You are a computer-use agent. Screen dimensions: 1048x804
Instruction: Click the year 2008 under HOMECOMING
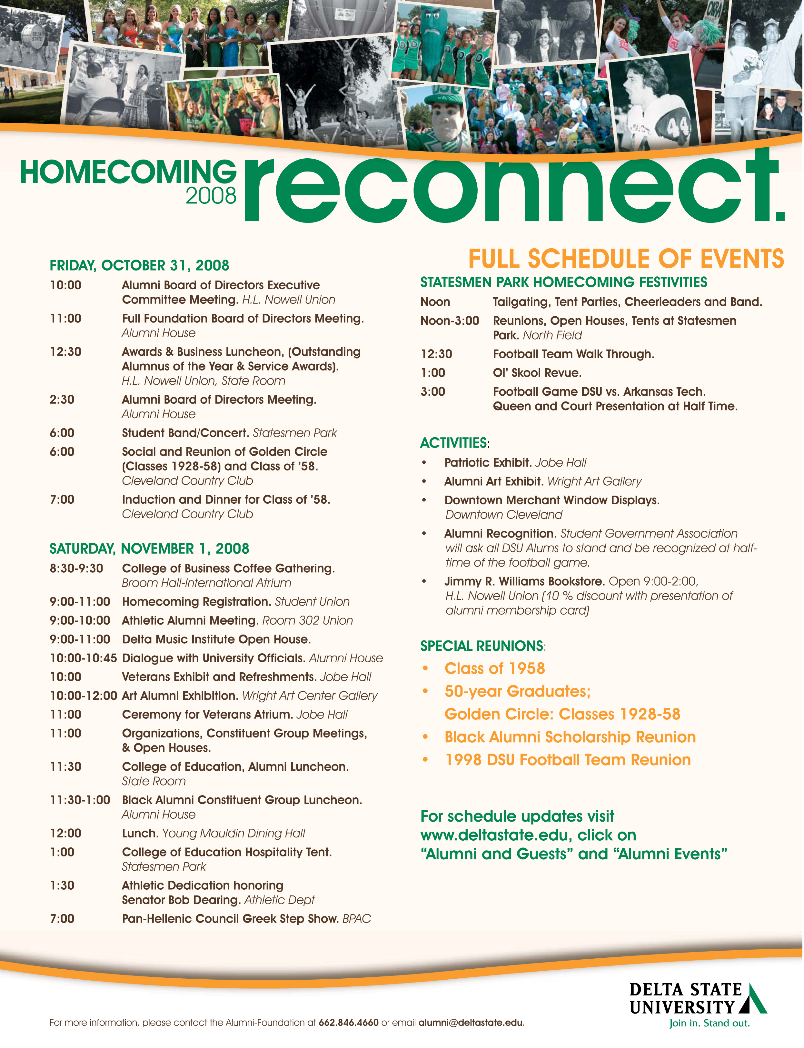pyautogui.click(x=211, y=196)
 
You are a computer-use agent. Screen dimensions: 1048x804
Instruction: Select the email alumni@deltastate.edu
pyautogui.click(x=471, y=1023)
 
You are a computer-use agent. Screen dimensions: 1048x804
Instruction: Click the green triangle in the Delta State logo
pyautogui.click(x=754, y=999)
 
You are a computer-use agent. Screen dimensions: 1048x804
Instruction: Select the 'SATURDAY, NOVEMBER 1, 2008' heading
pyautogui.click(x=149, y=549)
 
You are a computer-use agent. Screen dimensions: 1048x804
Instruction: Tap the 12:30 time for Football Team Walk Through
pyautogui.click(x=436, y=354)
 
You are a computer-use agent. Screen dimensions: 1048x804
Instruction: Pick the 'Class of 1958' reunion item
pyautogui.click(x=494, y=668)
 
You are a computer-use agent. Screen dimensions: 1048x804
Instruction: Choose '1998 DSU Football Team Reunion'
pyautogui.click(x=568, y=760)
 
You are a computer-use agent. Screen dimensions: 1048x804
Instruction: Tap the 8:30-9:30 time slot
pyautogui.click(x=76, y=568)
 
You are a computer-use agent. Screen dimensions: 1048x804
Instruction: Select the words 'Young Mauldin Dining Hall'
pyautogui.click(x=233, y=833)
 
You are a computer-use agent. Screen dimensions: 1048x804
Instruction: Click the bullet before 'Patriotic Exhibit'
pyautogui.click(x=424, y=463)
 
